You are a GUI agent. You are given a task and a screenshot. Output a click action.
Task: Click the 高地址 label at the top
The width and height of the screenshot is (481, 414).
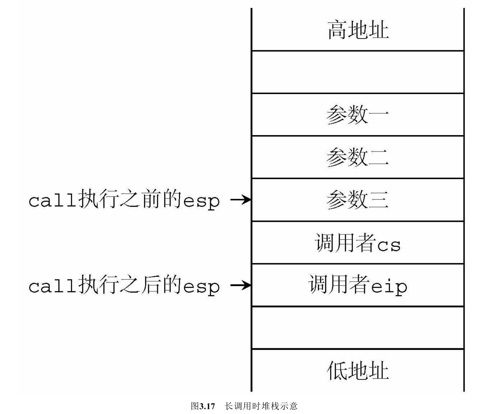(358, 30)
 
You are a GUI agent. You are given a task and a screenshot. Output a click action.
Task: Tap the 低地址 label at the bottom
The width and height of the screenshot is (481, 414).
(358, 370)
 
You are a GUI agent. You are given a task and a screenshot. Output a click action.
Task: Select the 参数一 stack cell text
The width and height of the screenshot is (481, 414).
(358, 115)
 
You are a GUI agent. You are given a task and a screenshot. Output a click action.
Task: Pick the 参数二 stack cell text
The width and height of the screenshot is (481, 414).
(358, 157)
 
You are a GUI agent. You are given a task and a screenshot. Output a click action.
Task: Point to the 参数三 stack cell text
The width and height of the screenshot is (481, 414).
(358, 200)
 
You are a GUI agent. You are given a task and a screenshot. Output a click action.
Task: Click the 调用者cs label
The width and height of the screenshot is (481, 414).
(358, 243)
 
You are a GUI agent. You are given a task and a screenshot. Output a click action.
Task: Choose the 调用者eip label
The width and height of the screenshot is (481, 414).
(358, 285)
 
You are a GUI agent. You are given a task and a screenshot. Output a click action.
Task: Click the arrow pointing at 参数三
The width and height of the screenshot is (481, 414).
(240, 200)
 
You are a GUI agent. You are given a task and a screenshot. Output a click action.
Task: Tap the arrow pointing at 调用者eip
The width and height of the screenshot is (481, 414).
(240, 285)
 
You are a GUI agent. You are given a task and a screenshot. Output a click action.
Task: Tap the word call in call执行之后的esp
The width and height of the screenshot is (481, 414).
(52, 286)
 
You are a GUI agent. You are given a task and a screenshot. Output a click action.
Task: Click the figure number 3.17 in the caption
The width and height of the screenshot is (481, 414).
(207, 406)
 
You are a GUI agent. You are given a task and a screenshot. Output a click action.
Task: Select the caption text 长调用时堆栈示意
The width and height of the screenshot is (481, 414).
(261, 406)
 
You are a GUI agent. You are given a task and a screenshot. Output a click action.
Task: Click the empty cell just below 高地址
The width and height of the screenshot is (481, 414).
(358, 72)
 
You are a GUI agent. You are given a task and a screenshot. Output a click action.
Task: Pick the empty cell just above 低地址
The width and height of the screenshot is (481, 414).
(358, 328)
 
